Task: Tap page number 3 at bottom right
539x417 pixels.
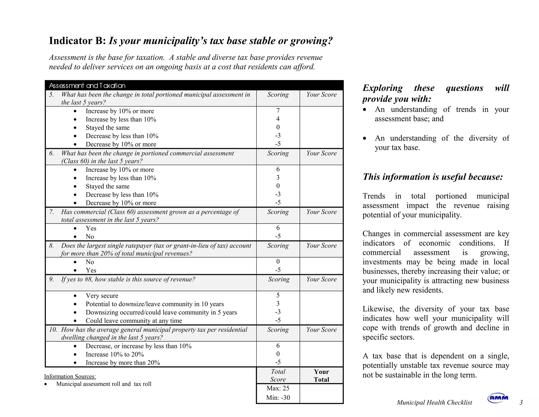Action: (x=521, y=402)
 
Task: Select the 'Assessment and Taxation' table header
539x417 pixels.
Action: (x=87, y=86)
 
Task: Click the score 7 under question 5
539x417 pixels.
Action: (x=278, y=111)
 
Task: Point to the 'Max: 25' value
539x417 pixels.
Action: (x=278, y=388)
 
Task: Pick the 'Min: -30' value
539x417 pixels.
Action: (x=278, y=397)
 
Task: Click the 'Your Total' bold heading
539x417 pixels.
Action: (x=321, y=376)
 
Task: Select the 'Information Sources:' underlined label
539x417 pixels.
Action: (x=70, y=376)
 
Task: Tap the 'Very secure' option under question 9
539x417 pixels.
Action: (x=102, y=296)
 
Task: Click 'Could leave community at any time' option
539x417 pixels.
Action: (x=134, y=321)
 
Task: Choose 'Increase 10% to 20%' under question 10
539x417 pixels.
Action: (x=115, y=354)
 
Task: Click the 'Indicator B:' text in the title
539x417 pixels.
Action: (x=77, y=41)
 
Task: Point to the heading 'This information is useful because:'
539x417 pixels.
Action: (x=433, y=177)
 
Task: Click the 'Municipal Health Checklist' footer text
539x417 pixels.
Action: (x=434, y=403)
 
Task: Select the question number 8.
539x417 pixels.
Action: (x=51, y=246)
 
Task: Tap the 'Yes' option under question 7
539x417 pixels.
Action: (x=91, y=228)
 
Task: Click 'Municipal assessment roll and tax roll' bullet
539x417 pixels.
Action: (x=104, y=384)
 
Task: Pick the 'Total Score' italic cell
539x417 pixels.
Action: (x=278, y=376)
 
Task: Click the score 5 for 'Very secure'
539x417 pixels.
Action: (x=278, y=295)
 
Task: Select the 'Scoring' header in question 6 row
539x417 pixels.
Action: (x=278, y=153)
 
